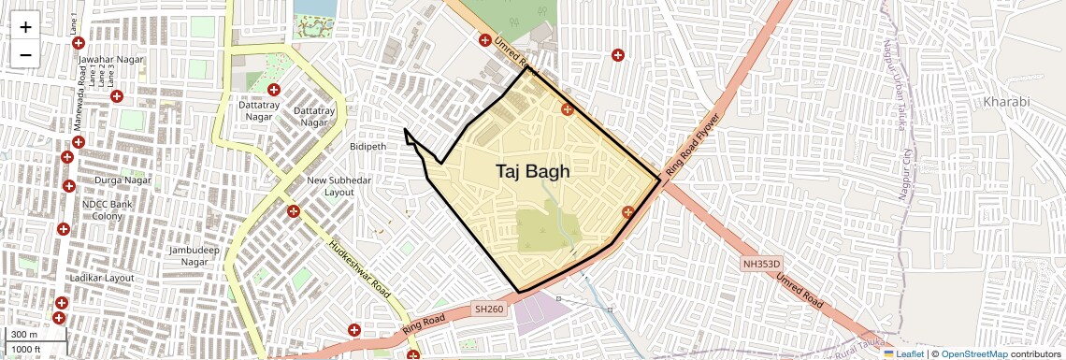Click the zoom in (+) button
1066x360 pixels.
click(x=25, y=27)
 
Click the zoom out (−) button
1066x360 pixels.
click(x=25, y=55)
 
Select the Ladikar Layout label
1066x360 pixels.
click(x=102, y=279)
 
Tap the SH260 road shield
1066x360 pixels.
click(x=489, y=309)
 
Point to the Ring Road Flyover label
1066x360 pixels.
click(x=693, y=146)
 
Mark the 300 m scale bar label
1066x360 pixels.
click(x=24, y=335)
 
